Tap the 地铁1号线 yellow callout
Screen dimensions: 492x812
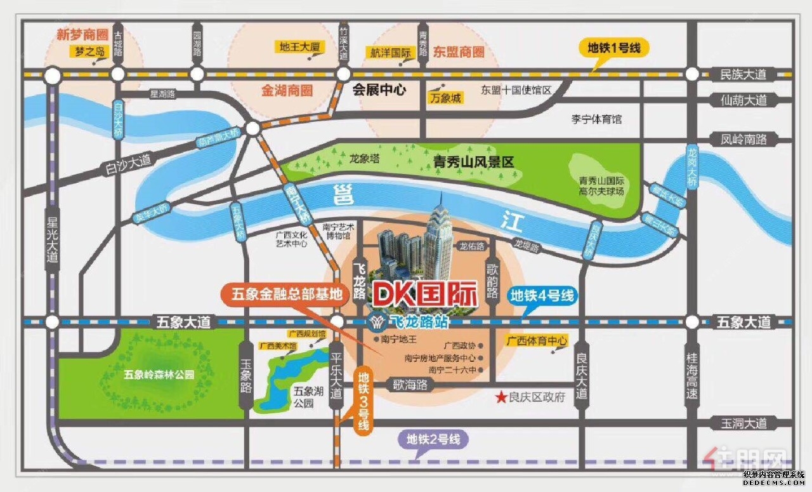tap(614, 48)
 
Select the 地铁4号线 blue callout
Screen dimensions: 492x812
tap(542, 295)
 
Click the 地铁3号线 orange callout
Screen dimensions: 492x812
tap(363, 400)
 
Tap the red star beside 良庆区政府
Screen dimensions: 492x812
tap(501, 398)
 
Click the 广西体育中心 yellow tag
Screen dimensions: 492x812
tap(536, 341)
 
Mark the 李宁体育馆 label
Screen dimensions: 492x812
tap(597, 119)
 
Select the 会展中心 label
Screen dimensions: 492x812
tap(379, 90)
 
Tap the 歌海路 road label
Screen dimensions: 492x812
tap(410, 385)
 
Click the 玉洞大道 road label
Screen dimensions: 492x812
tap(744, 423)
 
